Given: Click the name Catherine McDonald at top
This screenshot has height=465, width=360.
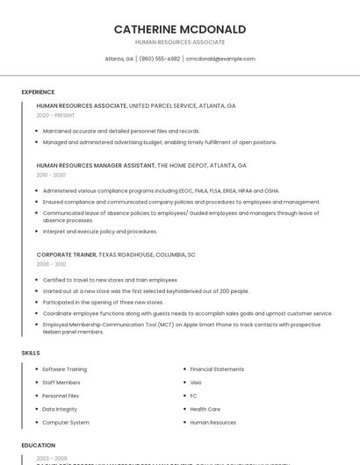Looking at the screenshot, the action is pyautogui.click(x=179, y=29).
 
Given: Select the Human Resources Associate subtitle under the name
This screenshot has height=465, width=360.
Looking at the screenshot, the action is pyautogui.click(x=179, y=42).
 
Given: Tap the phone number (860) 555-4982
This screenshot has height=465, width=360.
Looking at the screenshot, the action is pyautogui.click(x=159, y=59).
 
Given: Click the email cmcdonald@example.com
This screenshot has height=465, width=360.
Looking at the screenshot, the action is pyautogui.click(x=220, y=59).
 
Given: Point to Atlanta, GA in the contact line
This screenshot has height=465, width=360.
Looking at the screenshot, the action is pyautogui.click(x=119, y=59).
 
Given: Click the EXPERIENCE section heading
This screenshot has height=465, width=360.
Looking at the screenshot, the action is pyautogui.click(x=38, y=92).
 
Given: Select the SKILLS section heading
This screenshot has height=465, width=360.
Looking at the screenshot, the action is pyautogui.click(x=31, y=353).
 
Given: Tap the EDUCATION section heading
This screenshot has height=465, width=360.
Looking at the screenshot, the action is pyautogui.click(x=39, y=445).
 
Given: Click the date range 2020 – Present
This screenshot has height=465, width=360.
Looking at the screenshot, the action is pyautogui.click(x=55, y=115).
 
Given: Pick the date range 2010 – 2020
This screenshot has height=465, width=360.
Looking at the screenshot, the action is pyautogui.click(x=51, y=175).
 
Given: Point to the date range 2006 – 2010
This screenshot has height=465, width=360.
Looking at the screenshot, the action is pyautogui.click(x=51, y=264).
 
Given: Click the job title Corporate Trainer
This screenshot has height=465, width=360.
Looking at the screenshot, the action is pyautogui.click(x=66, y=254).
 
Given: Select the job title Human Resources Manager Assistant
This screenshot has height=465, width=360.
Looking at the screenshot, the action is pyautogui.click(x=95, y=165).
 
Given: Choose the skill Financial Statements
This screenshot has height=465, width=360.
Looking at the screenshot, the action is pyautogui.click(x=217, y=369).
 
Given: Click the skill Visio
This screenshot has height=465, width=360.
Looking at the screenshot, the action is pyautogui.click(x=196, y=383).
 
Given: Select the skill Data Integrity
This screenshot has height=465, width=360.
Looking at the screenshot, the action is pyautogui.click(x=60, y=409).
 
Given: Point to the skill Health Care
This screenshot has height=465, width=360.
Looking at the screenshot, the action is pyautogui.click(x=205, y=409).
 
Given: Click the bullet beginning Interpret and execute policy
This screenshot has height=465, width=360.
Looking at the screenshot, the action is pyautogui.click(x=99, y=232).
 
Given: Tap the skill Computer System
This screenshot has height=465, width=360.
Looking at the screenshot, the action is pyautogui.click(x=66, y=422).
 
